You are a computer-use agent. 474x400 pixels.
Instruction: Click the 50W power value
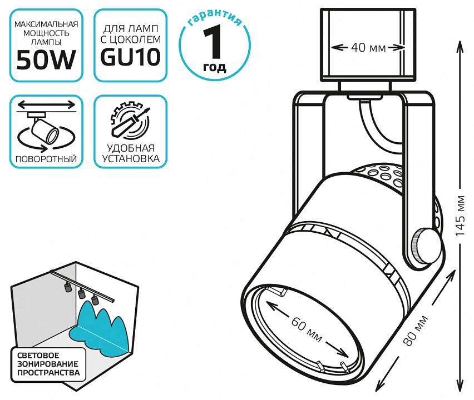tap(46, 59)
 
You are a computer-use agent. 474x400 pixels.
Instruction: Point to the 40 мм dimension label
tap(368, 48)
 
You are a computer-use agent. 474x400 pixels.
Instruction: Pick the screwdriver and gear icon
tap(130, 122)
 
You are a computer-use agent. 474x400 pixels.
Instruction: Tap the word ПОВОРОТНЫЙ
tap(46, 159)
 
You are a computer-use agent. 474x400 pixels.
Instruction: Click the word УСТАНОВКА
tap(130, 159)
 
